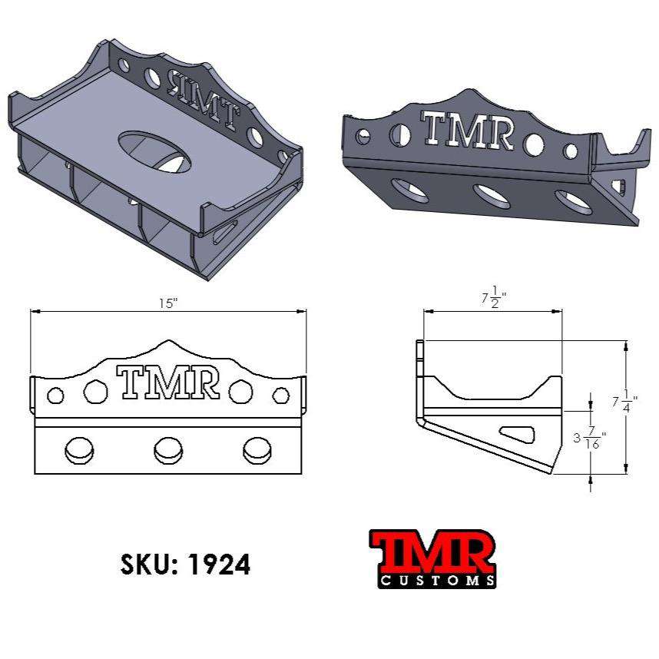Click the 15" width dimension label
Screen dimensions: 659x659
pos(168,303)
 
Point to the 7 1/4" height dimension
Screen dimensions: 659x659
pos(624,401)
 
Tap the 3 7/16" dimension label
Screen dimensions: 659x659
pos(589,439)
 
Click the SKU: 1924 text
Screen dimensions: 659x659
pos(185,565)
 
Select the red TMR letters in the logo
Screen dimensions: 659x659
pos(432,551)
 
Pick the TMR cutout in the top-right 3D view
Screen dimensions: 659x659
pos(469,131)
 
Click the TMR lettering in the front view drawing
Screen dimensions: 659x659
pos(167,382)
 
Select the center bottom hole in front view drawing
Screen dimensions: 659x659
pos(168,449)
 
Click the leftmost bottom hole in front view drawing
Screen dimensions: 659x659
pos(78,449)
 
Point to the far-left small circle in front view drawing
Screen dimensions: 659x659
pos(55,396)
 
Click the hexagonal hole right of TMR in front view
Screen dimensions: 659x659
pos(240,391)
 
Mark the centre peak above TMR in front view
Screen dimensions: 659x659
pos(168,343)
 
